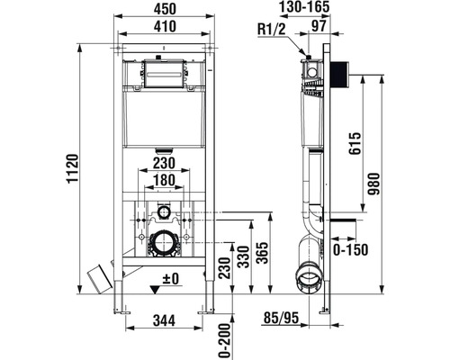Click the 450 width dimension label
point(165,9)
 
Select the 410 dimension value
point(165,26)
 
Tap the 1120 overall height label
point(72,168)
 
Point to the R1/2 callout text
point(272,30)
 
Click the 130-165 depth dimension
point(304,7)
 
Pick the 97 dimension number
point(319,26)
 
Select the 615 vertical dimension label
point(355,143)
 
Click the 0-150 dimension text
point(350,249)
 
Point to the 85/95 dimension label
point(282,318)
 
